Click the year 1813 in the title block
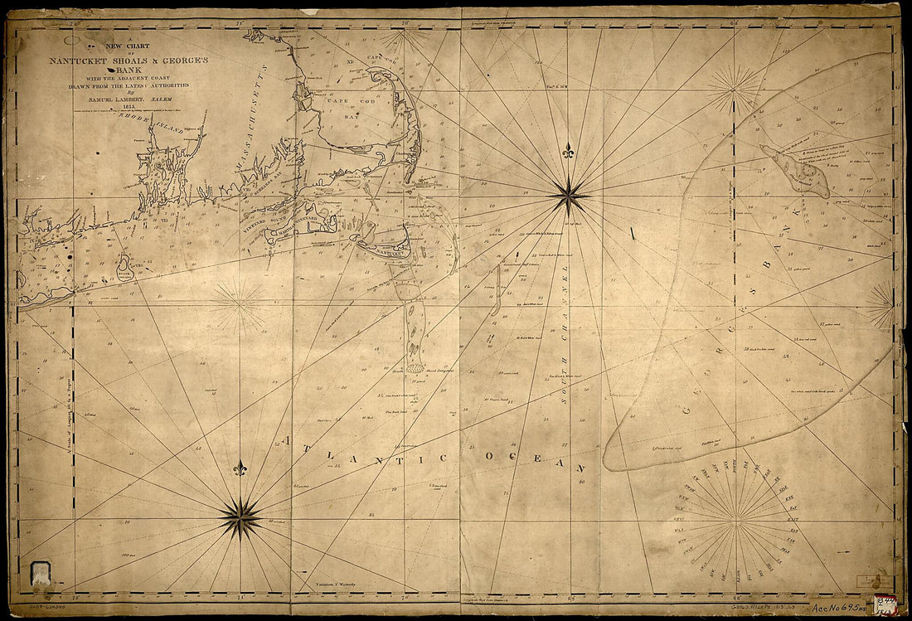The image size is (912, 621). point(129,105)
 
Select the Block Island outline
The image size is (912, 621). point(125,265)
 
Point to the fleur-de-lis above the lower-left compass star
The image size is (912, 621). point(240,468)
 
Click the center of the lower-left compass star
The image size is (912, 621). point(240,518)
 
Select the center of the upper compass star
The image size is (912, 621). point(569,197)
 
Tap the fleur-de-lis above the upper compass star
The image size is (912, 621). point(569,153)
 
